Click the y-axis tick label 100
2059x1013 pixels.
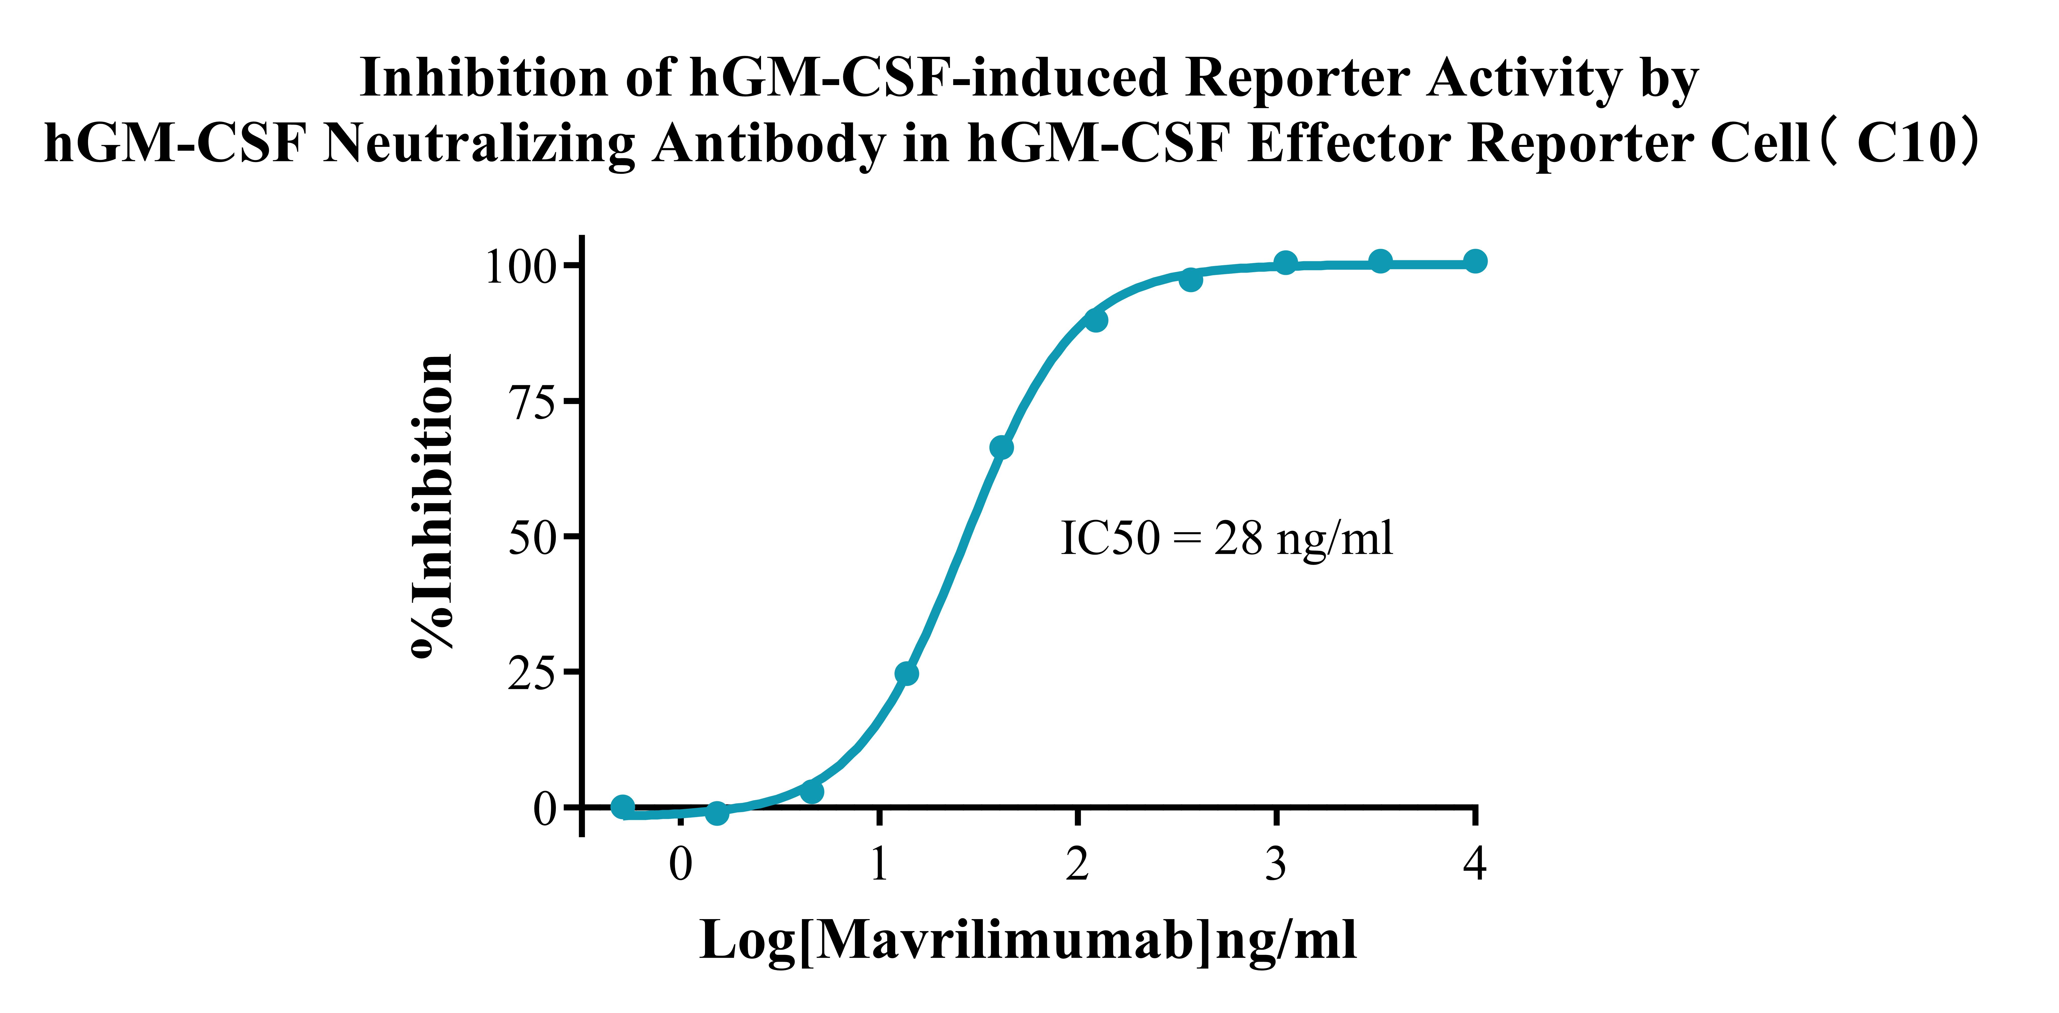(520, 267)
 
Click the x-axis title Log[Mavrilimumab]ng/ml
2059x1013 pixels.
(1028, 940)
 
